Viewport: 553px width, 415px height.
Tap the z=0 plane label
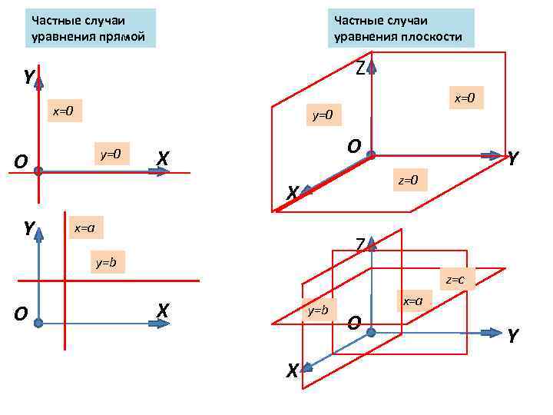point(408,181)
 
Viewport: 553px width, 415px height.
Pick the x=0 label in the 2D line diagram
point(62,111)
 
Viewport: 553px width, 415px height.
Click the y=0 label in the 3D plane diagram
point(322,116)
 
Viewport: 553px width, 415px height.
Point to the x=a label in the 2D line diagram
point(84,228)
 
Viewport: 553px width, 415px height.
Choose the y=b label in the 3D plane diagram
point(317,310)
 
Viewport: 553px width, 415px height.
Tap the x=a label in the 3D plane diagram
point(413,300)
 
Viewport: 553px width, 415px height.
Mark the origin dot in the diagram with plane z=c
point(371,332)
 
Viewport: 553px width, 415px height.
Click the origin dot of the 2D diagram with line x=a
point(38,324)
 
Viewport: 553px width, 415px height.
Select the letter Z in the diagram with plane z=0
point(359,68)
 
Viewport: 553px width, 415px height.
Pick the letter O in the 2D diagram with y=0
point(21,161)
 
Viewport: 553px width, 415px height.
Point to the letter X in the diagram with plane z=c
point(292,371)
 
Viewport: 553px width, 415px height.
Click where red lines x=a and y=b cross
point(65,281)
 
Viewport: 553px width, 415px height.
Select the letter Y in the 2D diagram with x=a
point(28,228)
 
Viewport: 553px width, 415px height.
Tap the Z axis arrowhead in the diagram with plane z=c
point(372,246)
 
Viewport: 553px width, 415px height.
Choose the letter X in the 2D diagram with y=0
point(162,158)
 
